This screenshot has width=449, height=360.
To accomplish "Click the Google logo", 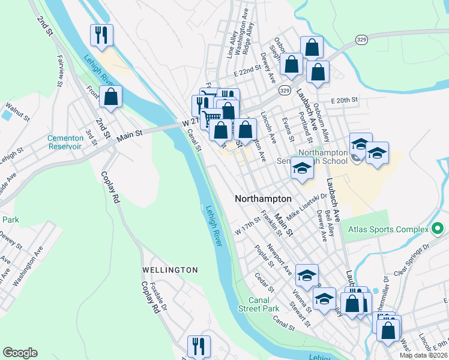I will tap(20, 353).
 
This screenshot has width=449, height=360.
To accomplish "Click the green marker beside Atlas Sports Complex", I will tap(437, 229).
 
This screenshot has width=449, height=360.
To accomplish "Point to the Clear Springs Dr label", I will tap(413, 257).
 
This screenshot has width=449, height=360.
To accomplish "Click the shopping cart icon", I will tap(211, 118).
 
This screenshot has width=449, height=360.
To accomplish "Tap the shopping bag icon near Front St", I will tap(110, 96).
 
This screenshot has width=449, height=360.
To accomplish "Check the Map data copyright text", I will tap(423, 355).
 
